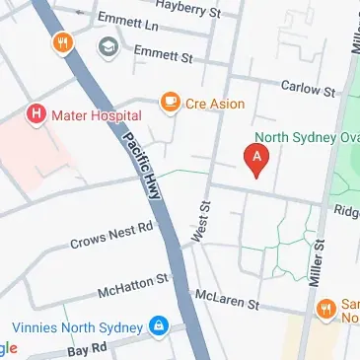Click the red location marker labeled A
[x=257, y=159]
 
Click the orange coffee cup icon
[x=170, y=102]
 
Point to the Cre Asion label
[x=217, y=103]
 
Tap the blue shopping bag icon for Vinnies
[x=158, y=324]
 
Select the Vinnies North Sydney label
[x=77, y=325]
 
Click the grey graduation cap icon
[x=107, y=44]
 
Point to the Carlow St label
[x=308, y=89]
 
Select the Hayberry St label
[x=182, y=6]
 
